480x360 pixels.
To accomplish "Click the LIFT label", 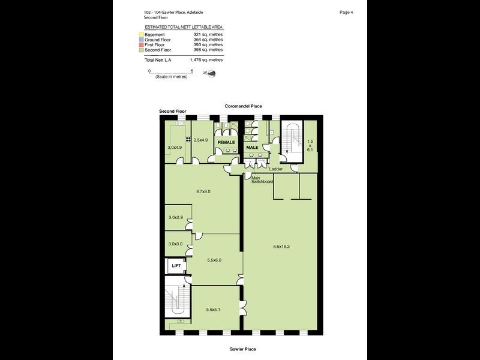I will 176,265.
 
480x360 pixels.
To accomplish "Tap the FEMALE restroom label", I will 226,142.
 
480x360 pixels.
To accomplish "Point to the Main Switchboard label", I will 263,179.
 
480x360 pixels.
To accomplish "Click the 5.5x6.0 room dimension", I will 214,260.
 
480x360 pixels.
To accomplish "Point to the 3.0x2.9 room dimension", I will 175,217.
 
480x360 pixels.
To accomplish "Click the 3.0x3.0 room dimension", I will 175,244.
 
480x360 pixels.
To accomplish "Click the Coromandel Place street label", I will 243,106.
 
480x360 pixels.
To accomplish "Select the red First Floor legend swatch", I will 140,45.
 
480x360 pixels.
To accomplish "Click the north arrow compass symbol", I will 211,73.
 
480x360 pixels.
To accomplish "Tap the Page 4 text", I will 346,12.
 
